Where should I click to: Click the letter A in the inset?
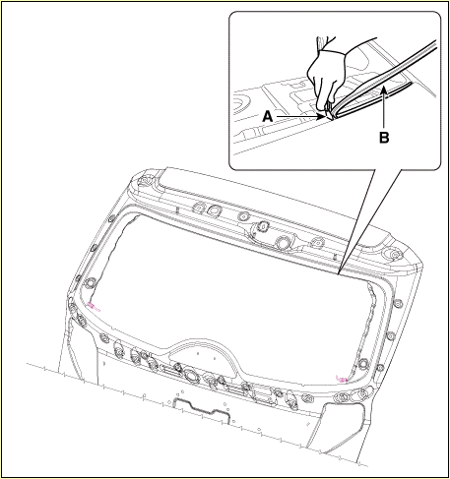pos(268,116)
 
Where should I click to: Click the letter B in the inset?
pos(384,138)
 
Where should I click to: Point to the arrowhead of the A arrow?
pos(320,116)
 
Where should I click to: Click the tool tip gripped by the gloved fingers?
pos(328,113)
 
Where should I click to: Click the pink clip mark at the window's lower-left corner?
pos(94,307)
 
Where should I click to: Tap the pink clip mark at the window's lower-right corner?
pos(342,379)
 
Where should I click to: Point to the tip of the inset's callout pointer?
pos(340,273)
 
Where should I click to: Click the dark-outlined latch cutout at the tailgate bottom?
pos(201,410)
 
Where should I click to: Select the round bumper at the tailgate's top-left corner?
pos(144,181)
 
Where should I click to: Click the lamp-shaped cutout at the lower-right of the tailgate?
pos(342,426)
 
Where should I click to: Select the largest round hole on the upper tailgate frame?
pos(283,242)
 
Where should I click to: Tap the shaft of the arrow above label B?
pos(384,111)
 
